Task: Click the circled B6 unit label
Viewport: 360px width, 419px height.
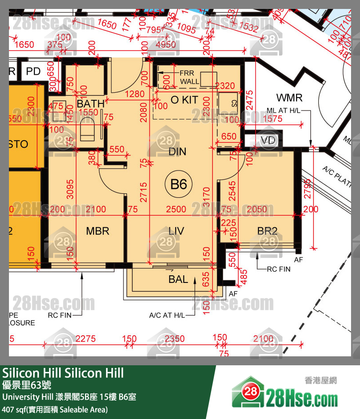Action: pyautogui.click(x=178, y=184)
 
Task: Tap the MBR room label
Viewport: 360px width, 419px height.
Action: pyautogui.click(x=97, y=231)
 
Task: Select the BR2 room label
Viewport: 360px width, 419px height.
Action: pyautogui.click(x=267, y=231)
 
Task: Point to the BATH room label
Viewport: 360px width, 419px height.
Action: pyautogui.click(x=90, y=104)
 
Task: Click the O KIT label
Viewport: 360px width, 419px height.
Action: pyautogui.click(x=184, y=100)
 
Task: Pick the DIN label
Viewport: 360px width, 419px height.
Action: pyautogui.click(x=178, y=152)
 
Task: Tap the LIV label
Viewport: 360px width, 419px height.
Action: pyautogui.click(x=176, y=231)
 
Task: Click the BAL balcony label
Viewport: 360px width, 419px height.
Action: pyautogui.click(x=178, y=279)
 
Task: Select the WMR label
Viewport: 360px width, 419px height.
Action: pyautogui.click(x=289, y=98)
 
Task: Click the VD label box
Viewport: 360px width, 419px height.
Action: pyautogui.click(x=268, y=141)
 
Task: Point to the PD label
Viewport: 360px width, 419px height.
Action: pyautogui.click(x=33, y=71)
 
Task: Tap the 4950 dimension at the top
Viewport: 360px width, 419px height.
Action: pyautogui.click(x=165, y=45)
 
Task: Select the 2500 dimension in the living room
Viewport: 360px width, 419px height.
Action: pyautogui.click(x=176, y=209)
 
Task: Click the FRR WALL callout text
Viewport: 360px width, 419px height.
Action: pyautogui.click(x=190, y=77)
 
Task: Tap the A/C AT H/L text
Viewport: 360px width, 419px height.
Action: pyautogui.click(x=167, y=316)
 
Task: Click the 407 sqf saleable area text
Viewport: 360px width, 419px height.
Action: pyautogui.click(x=55, y=409)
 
